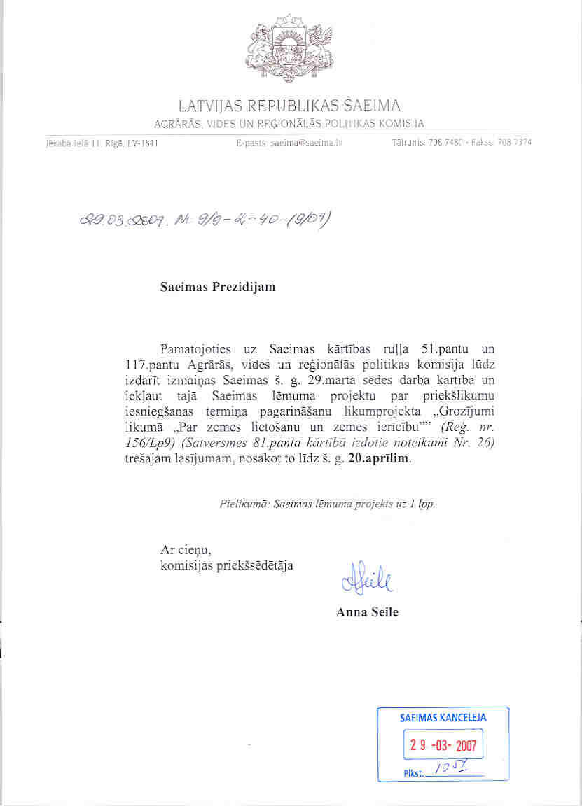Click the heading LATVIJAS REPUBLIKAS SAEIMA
pyautogui.click(x=289, y=106)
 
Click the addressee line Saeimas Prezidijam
pyautogui.click(x=218, y=288)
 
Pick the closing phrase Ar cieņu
pyautogui.click(x=186, y=550)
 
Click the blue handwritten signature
pyautogui.click(x=367, y=579)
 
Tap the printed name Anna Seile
pyautogui.click(x=366, y=612)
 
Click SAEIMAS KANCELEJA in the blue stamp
pyautogui.click(x=443, y=718)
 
